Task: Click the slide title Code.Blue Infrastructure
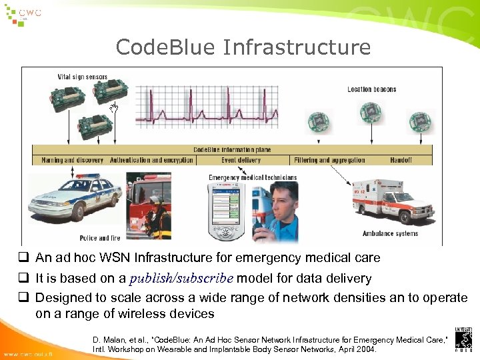[x=243, y=47]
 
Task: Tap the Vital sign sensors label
[x=82, y=77]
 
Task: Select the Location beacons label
[x=371, y=89]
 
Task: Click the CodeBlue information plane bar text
[x=232, y=150]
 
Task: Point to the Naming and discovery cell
[x=72, y=160]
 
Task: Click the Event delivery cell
[x=241, y=160]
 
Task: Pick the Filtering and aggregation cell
[x=329, y=160]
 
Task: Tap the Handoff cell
[x=401, y=160]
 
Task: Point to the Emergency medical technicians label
[x=253, y=177]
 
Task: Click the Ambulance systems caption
[x=390, y=233]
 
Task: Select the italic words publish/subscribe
[x=181, y=279]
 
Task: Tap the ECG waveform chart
[x=207, y=107]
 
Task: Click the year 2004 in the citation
[x=365, y=349]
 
